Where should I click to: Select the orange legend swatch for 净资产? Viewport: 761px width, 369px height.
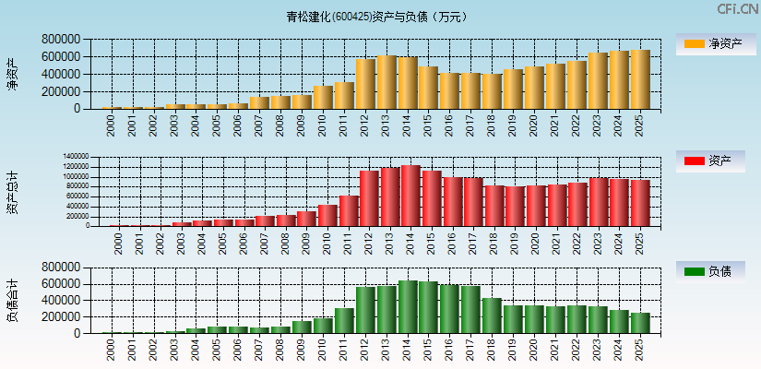tap(695, 43)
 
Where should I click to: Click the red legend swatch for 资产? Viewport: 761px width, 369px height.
tap(695, 161)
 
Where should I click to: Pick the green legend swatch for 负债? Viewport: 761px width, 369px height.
tap(695, 271)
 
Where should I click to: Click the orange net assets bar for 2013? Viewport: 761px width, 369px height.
tap(386, 82)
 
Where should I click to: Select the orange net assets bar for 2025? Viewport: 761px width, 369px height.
tap(639, 79)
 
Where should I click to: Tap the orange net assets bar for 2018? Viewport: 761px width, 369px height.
tap(492, 91)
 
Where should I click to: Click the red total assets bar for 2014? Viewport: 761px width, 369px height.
tap(410, 196)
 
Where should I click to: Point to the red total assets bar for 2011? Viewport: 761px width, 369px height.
tap(348, 210)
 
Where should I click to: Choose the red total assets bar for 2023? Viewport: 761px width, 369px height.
tap(598, 202)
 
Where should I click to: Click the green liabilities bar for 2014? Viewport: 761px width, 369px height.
tap(408, 306)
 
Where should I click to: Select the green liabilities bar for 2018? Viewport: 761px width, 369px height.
tap(492, 315)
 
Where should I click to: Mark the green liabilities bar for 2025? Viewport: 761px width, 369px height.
tap(639, 323)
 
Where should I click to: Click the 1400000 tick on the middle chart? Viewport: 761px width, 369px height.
tap(77, 157)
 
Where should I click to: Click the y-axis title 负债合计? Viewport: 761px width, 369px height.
tap(13, 300)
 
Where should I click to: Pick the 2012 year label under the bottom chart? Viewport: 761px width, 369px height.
tap(365, 348)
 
